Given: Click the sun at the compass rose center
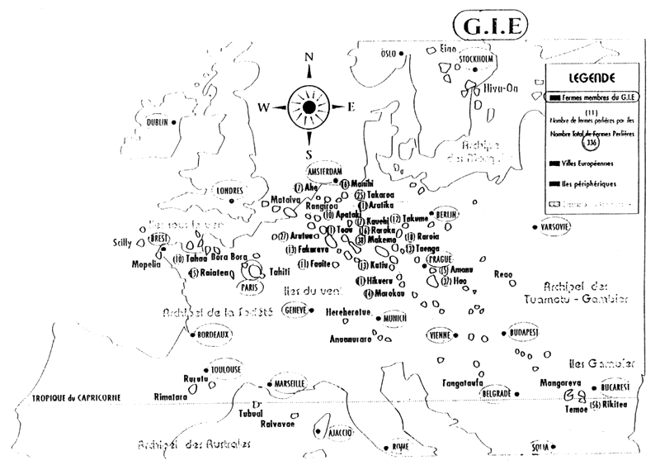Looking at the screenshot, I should coord(309,107).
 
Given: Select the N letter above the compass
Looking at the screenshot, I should coord(309,57).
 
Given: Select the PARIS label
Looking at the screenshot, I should coord(248,287).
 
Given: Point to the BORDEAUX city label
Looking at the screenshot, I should coord(213,335).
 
